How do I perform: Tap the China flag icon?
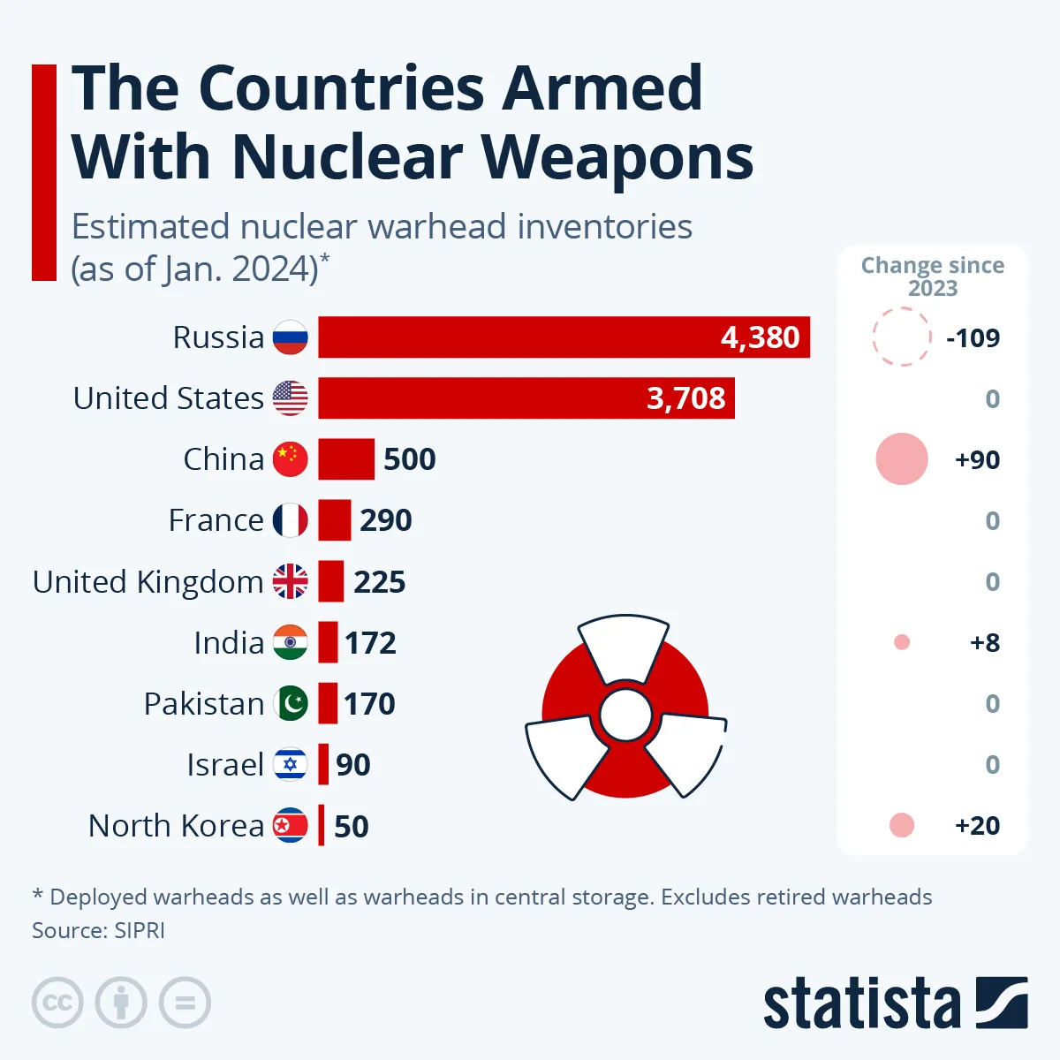point(291,459)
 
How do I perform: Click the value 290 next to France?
point(385,520)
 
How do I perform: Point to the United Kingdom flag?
point(291,581)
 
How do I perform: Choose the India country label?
point(229,643)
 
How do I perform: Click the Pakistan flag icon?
point(291,704)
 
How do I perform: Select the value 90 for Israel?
point(352,765)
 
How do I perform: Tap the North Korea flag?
point(291,826)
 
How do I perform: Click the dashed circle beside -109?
point(901,337)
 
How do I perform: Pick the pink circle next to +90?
point(901,459)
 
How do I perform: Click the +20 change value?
point(977,826)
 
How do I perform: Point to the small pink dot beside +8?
point(901,643)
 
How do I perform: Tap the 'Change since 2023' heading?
point(932,276)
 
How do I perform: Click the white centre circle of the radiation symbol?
point(625,715)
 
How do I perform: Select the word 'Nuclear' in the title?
point(347,157)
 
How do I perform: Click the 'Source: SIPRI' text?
point(98,931)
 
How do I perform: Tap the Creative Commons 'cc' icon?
point(57,1003)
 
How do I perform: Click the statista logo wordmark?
point(861,1004)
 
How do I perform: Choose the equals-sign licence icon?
point(185,1003)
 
